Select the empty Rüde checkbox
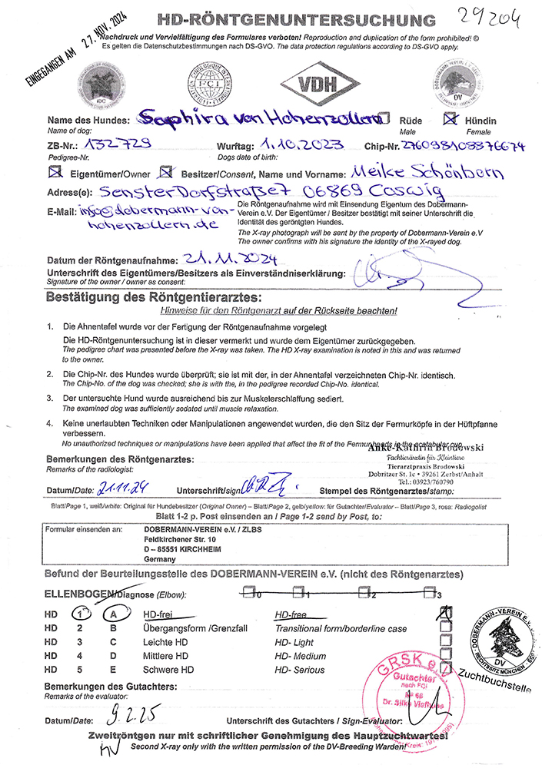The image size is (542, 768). point(386,120)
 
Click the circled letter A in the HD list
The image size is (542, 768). point(114,614)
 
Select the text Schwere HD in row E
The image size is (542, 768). point(169,670)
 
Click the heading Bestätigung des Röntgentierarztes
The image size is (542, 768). point(154,296)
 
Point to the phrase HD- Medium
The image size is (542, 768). point(300,656)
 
